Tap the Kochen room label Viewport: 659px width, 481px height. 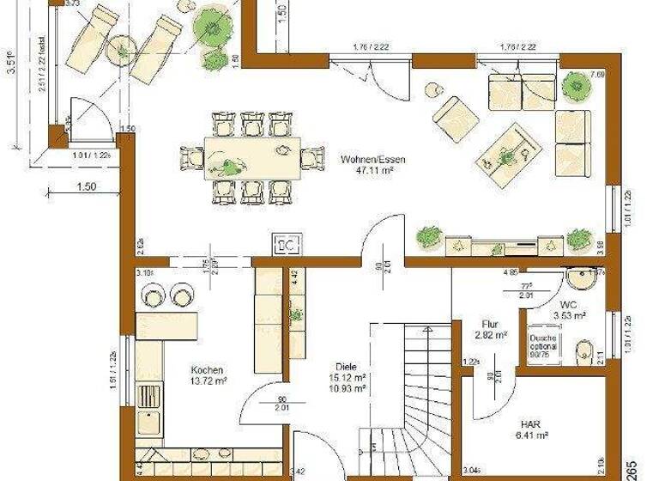[x=209, y=369]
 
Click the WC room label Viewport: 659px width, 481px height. [x=569, y=304]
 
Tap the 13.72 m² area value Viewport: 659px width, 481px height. [x=209, y=380]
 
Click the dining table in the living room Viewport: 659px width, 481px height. [x=240, y=156]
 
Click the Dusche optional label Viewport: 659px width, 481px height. [x=542, y=344]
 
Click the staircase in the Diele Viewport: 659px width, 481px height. [x=408, y=387]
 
